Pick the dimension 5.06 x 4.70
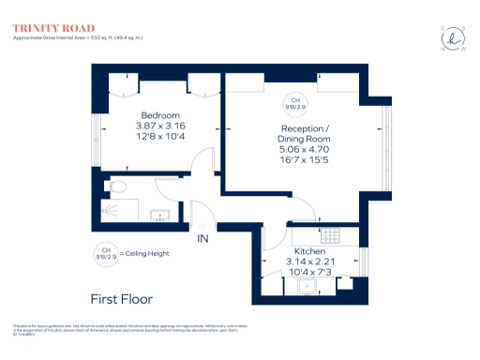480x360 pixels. click(306, 148)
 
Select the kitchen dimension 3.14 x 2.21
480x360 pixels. click(309, 262)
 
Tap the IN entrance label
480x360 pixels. click(202, 239)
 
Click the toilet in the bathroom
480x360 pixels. click(116, 187)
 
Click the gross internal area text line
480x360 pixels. click(79, 37)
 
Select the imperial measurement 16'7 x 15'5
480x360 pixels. click(306, 158)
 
